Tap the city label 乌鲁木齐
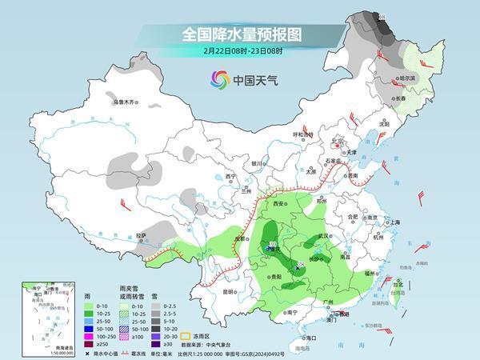coord(126,102)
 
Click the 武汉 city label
coord(323,236)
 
